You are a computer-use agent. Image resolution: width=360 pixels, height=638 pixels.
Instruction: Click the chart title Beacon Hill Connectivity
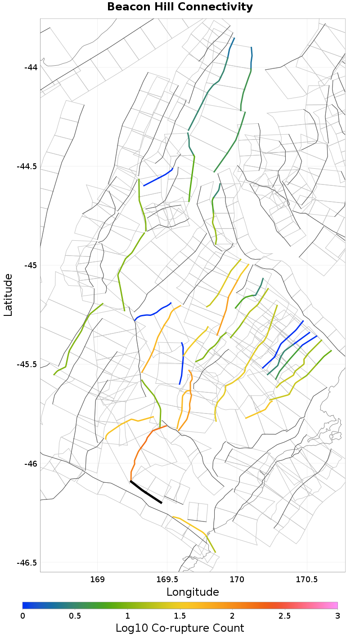coord(180,7)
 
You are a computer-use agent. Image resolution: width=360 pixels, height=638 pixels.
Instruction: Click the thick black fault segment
coord(146,492)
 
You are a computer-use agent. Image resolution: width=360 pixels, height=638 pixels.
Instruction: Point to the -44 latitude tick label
coord(31,67)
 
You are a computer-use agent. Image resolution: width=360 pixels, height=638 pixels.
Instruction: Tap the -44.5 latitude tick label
coord(27,166)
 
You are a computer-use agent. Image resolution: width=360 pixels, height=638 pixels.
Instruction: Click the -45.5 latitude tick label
coord(27,364)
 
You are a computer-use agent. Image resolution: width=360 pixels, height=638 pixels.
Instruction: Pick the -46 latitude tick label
coord(31,463)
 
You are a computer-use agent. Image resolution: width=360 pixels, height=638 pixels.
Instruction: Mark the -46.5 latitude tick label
coord(27,562)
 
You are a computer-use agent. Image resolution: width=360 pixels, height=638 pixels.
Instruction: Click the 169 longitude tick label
coord(98,579)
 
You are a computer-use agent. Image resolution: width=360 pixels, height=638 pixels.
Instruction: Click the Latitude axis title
coord(9,295)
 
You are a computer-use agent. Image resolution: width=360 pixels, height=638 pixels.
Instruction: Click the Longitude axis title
coord(193,592)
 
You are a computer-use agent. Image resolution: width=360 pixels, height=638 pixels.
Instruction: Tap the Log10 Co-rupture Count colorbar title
coord(180,628)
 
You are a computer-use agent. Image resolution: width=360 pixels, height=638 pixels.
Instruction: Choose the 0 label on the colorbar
coord(22,615)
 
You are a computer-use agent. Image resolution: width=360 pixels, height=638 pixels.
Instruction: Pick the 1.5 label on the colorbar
coord(180,615)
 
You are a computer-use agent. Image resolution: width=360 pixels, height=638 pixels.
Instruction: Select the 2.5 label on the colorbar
coord(285,615)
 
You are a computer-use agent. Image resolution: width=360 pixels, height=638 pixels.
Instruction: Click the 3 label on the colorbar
coord(337,615)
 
